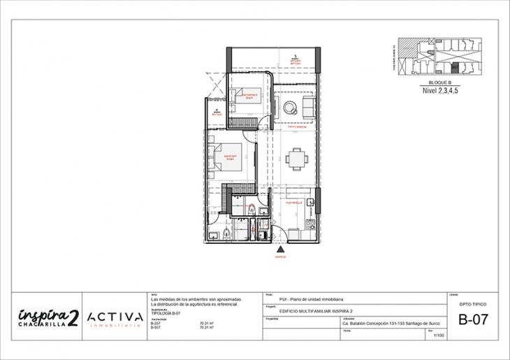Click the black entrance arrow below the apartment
click(281, 248)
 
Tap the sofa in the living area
click(307, 106)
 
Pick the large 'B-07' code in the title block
click(473, 321)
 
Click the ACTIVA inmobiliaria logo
click(116, 318)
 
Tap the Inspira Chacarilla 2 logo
click(48, 317)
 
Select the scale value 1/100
click(439, 336)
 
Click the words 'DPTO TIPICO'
click(473, 305)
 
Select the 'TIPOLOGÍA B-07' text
click(166, 312)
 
